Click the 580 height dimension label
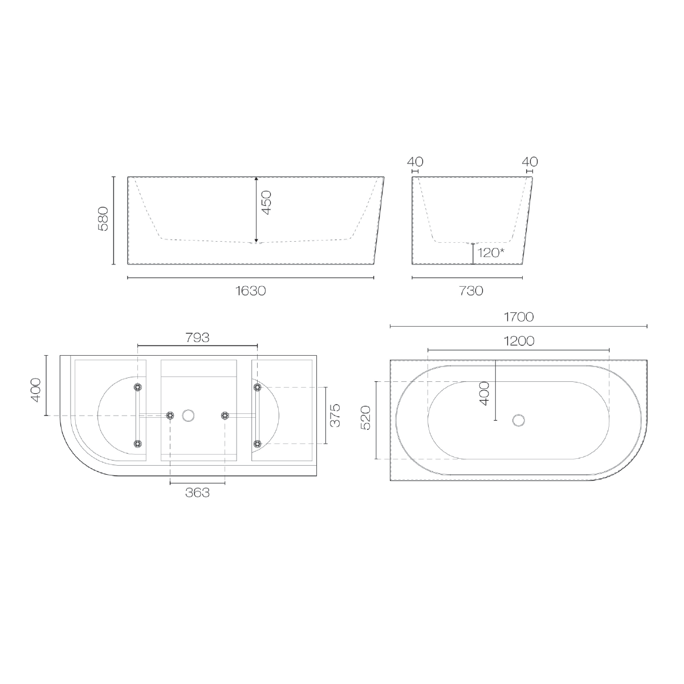tap(103, 219)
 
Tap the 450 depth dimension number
tap(266, 203)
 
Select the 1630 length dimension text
tap(251, 291)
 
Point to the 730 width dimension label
tap(471, 291)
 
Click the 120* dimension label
tap(491, 253)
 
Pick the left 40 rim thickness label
tap(415, 162)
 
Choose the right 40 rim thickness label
tap(530, 162)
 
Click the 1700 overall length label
tap(519, 317)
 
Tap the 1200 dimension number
tap(519, 341)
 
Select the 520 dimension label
tap(365, 418)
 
